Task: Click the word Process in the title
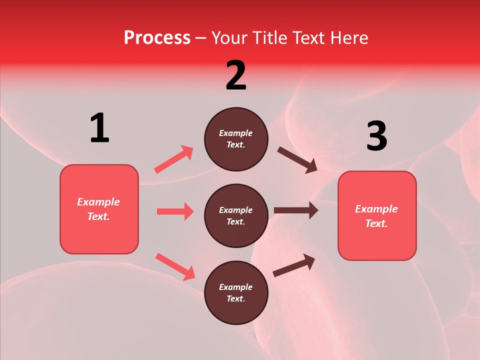coord(157,37)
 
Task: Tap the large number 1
coord(99,128)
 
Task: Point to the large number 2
coord(236,75)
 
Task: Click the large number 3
coord(376,136)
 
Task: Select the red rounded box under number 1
coord(99,209)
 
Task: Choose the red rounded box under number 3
coord(377,215)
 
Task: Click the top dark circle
coord(236,139)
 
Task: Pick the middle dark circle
coord(236,215)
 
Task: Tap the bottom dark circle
coord(236,292)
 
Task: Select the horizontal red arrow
coord(175,211)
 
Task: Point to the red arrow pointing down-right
coord(175,266)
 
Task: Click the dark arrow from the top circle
coord(297,160)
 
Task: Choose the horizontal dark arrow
coord(296,210)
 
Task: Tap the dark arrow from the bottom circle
coord(294,265)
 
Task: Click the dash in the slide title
coord(201,38)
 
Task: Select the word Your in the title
coord(230,37)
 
